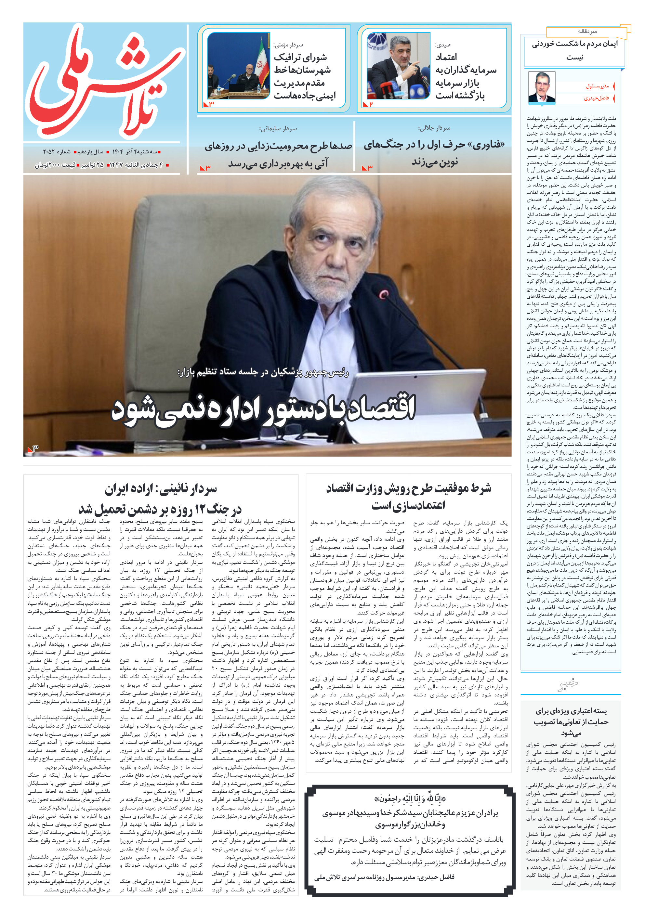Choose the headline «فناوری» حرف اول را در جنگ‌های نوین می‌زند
(434, 153)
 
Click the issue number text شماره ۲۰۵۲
(57, 152)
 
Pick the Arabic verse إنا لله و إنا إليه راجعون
(410, 799)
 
